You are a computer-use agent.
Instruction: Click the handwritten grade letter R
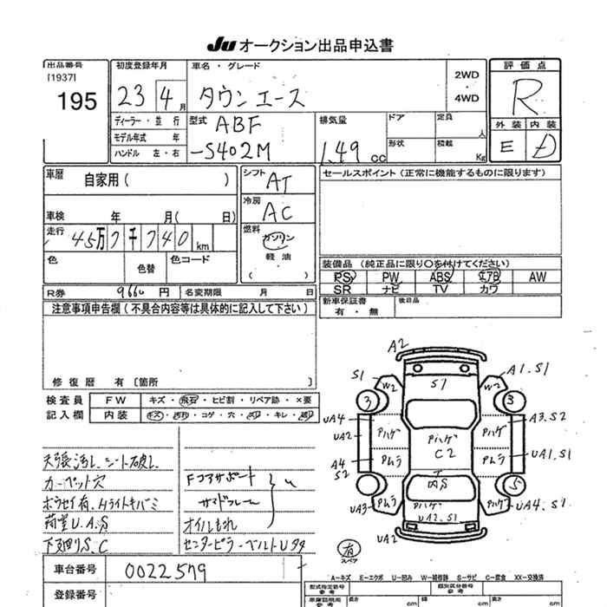524,94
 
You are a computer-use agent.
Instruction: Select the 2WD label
467,75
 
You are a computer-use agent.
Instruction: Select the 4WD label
467,99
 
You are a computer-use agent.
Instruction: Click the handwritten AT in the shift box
278,180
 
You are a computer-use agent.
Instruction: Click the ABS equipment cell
441,277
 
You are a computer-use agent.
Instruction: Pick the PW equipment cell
391,277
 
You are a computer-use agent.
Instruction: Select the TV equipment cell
441,289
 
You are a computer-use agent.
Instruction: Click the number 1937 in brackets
62,76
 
